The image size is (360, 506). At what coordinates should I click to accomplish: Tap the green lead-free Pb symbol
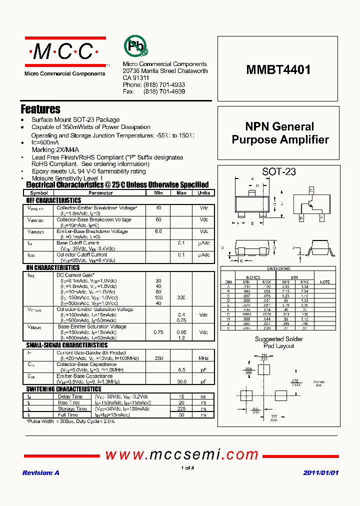[135, 46]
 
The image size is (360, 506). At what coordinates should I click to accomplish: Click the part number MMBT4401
[278, 70]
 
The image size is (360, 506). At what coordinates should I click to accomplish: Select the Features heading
[40, 109]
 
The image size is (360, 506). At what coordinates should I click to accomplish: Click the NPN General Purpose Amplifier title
[280, 133]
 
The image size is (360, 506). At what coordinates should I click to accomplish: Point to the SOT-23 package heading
[279, 172]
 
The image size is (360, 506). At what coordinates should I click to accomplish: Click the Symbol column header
[39, 192]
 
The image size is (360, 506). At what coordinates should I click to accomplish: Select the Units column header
[203, 192]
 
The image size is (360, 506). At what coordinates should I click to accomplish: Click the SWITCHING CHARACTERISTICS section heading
[63, 389]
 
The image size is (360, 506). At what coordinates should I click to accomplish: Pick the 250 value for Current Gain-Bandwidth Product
[158, 358]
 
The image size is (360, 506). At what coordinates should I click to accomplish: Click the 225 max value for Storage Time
[181, 408]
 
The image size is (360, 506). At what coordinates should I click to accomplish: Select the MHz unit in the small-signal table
[203, 358]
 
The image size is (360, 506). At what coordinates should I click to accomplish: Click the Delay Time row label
[70, 396]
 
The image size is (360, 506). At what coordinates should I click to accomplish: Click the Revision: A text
[41, 472]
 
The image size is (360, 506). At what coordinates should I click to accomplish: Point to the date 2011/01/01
[321, 472]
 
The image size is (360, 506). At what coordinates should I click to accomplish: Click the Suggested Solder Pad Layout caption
[278, 342]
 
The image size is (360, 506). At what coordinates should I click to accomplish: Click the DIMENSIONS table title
[278, 268]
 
